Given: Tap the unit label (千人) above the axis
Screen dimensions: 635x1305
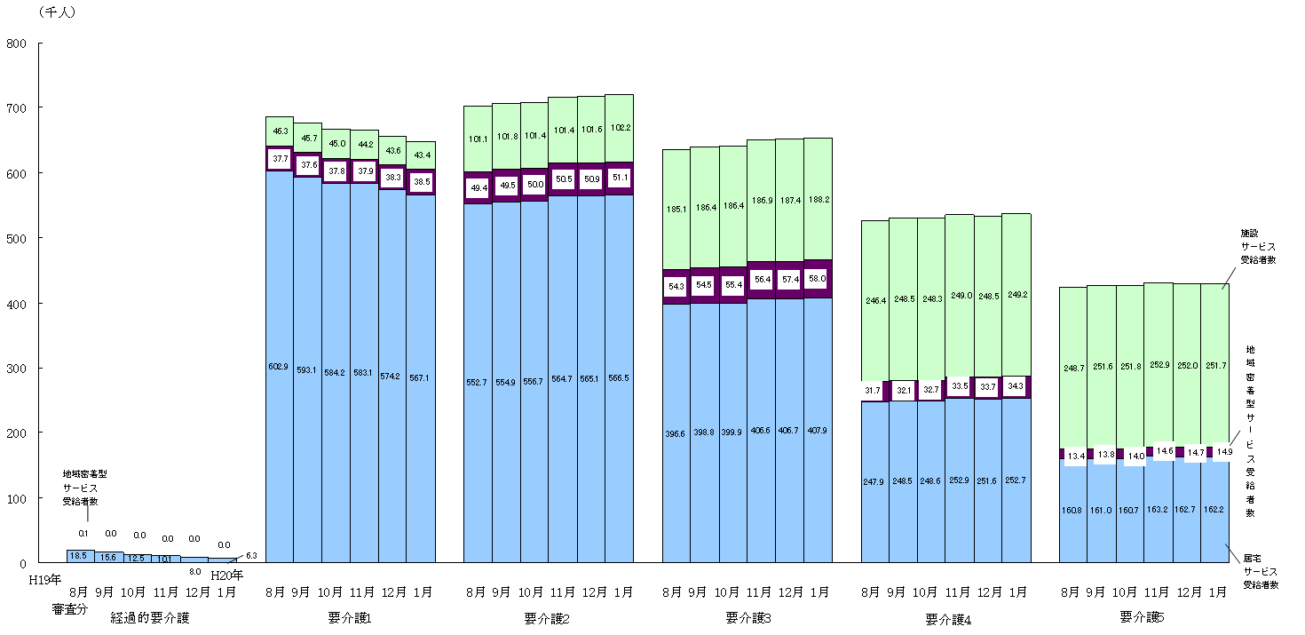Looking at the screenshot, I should (x=57, y=12).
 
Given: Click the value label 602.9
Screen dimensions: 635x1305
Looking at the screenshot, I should (x=280, y=366).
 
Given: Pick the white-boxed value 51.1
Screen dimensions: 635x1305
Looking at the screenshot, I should (x=619, y=177).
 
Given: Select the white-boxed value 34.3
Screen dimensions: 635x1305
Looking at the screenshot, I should (x=1016, y=386).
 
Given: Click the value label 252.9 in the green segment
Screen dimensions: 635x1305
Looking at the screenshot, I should (x=1158, y=364).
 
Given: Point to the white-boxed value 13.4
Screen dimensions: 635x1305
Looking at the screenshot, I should (x=1074, y=456).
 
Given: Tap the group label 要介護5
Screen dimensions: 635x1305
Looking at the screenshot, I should (x=1142, y=617).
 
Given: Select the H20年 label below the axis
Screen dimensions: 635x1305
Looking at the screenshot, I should (x=226, y=575).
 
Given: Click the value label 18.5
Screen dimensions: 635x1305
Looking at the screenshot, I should (x=79, y=555).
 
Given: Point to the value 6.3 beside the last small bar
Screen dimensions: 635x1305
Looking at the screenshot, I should (x=251, y=556).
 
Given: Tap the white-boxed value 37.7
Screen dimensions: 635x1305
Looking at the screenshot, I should (x=280, y=159).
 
